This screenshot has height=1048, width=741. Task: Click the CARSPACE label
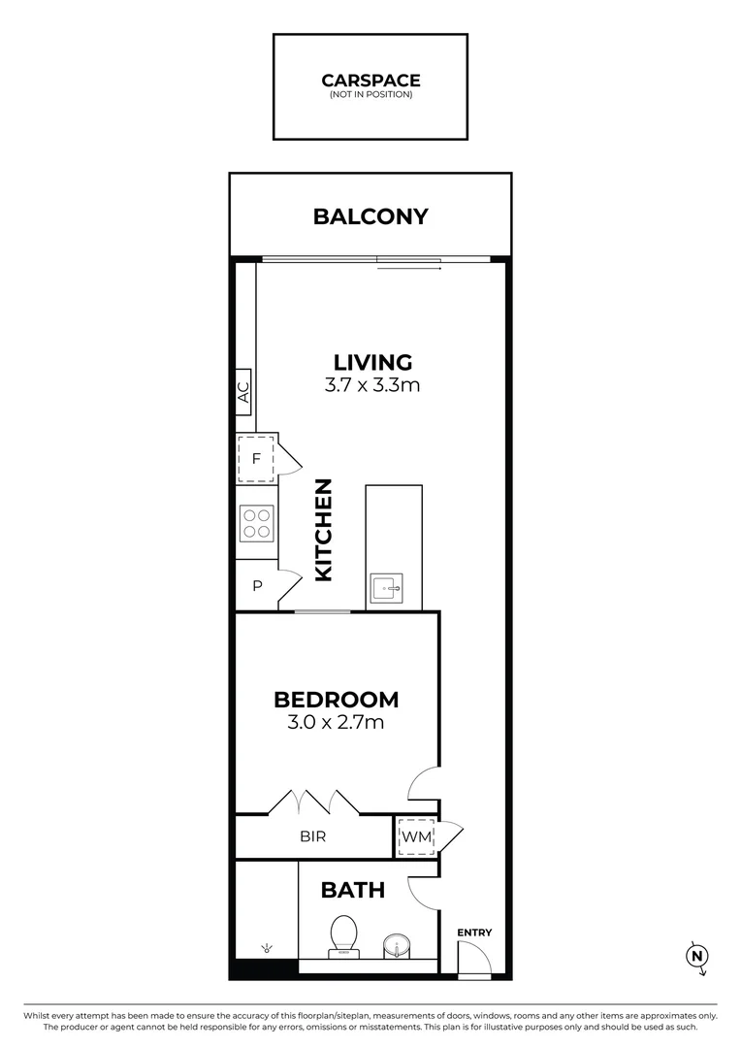pyautogui.click(x=370, y=81)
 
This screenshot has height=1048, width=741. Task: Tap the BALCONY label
pyautogui.click(x=370, y=216)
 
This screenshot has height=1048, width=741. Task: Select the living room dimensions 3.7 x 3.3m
pyautogui.click(x=372, y=385)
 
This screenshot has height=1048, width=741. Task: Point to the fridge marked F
pyautogui.click(x=256, y=459)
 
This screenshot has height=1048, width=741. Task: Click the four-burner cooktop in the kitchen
pyautogui.click(x=257, y=523)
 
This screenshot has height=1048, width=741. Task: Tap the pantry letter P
pyautogui.click(x=257, y=586)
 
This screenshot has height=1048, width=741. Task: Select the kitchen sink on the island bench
pyautogui.click(x=387, y=589)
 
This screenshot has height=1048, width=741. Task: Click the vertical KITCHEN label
pyautogui.click(x=323, y=530)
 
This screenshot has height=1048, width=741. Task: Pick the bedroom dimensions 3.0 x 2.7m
pyautogui.click(x=336, y=723)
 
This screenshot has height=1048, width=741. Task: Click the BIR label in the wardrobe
pyautogui.click(x=312, y=836)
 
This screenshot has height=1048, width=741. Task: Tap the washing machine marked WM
pyautogui.click(x=416, y=836)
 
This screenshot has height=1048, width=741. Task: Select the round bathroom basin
pyautogui.click(x=396, y=946)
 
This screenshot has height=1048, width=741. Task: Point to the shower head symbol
pyautogui.click(x=267, y=948)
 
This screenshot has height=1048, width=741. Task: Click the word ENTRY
pyautogui.click(x=474, y=933)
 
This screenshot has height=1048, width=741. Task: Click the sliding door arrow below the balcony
pyautogui.click(x=409, y=269)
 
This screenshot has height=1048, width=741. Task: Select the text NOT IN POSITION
pyautogui.click(x=370, y=95)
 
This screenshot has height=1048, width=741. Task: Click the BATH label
pyautogui.click(x=353, y=890)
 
